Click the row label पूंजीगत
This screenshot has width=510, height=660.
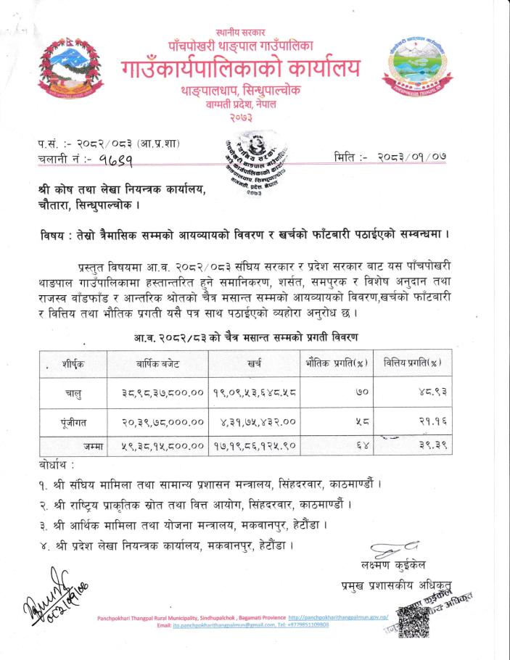(x=73, y=421)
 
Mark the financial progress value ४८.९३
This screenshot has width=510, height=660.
(x=414, y=392)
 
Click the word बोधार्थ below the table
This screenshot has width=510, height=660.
(x=55, y=463)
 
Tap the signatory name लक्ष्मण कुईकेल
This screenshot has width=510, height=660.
(x=395, y=564)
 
